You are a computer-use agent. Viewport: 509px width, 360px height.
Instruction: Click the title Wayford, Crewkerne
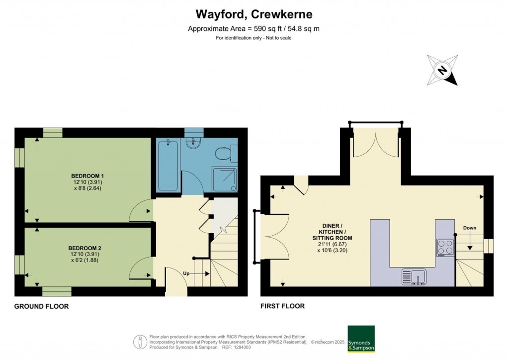[x=254, y=14]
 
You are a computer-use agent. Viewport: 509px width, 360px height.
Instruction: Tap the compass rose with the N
[x=442, y=70]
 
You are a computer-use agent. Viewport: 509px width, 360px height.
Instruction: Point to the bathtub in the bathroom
[x=168, y=166]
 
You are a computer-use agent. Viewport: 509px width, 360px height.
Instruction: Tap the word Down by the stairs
[x=469, y=228]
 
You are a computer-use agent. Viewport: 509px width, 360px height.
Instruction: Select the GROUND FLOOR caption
[x=41, y=306]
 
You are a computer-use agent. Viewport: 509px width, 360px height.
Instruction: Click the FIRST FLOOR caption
[x=282, y=306]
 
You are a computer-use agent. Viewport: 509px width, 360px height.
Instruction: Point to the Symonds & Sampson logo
[x=361, y=339]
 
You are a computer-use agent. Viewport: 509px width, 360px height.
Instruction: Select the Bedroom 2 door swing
[x=141, y=269]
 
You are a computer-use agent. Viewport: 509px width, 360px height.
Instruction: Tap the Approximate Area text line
[x=254, y=29]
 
